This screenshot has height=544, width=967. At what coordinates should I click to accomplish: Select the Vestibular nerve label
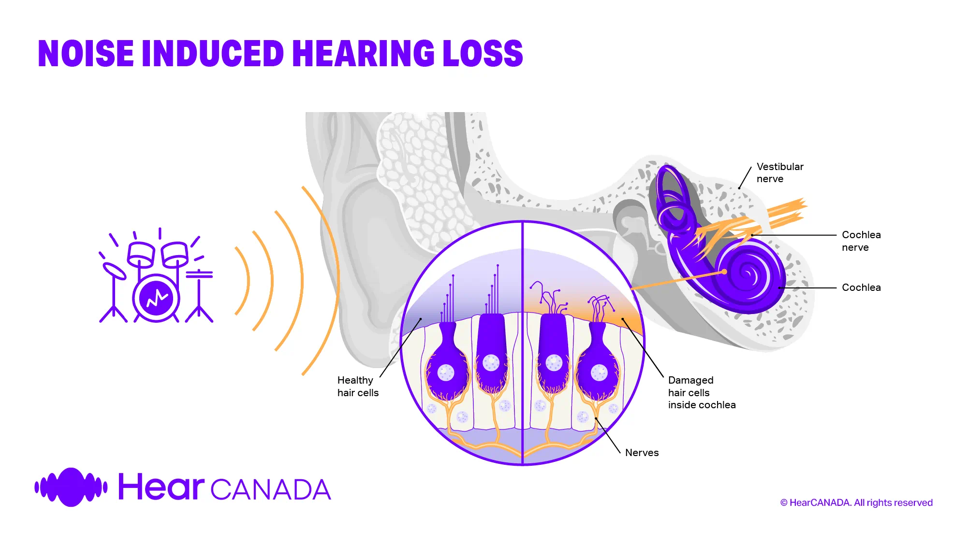780,172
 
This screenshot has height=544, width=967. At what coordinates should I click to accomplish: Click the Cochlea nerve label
861,241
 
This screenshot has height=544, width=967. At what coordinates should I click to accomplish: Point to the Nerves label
642,453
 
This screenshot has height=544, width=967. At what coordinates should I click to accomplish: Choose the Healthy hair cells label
358,387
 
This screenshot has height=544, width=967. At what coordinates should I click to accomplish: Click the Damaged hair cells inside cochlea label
702,392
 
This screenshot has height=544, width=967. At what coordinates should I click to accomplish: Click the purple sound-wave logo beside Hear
71,487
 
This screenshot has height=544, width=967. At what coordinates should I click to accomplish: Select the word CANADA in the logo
271,490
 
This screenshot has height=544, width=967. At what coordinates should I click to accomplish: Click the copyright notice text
856,502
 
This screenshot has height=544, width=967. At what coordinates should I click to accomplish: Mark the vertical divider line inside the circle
523,343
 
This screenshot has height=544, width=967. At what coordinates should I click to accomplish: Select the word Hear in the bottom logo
161,487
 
